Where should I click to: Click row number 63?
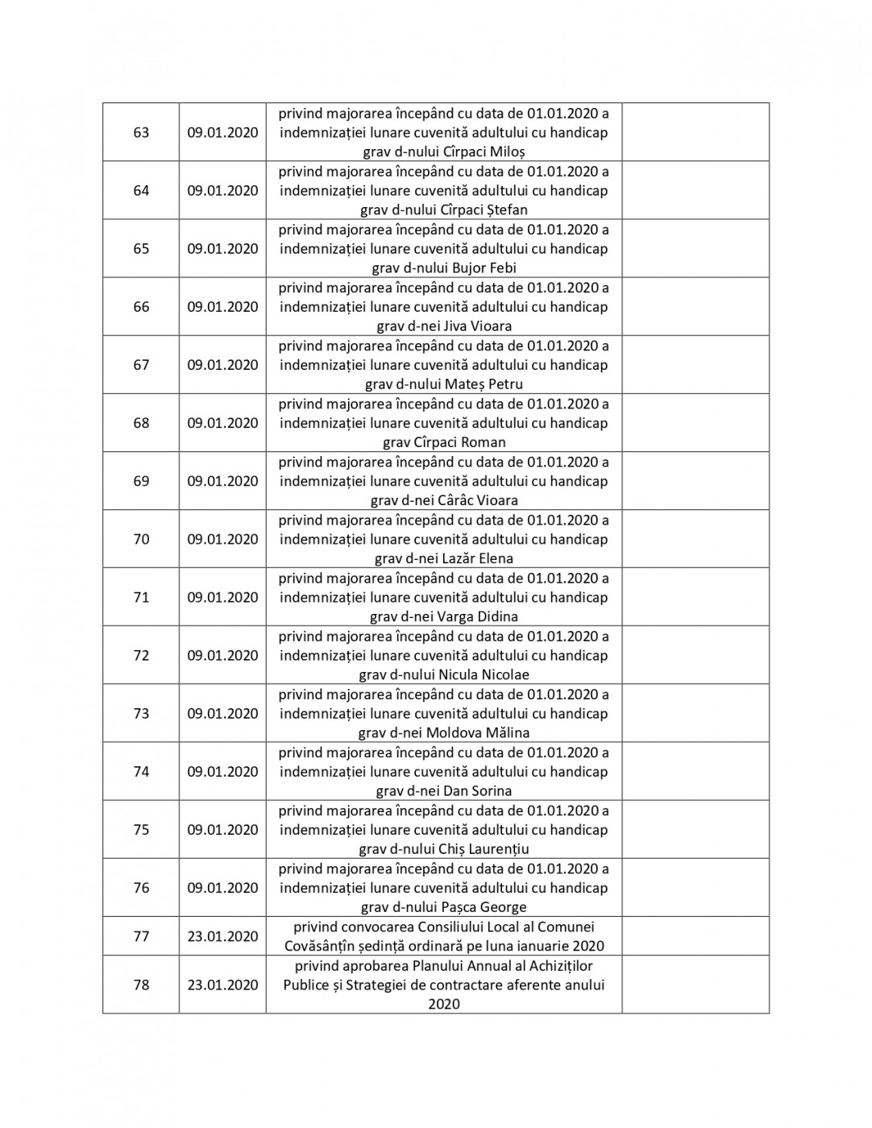[x=141, y=132]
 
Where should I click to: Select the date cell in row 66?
[x=222, y=307]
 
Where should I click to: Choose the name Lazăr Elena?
[x=479, y=558]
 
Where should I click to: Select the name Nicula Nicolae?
[x=484, y=674]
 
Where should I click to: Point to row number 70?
[x=141, y=539]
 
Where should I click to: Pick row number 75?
[x=141, y=830]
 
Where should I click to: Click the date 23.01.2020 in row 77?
[x=222, y=936]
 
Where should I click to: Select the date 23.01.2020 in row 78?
[x=222, y=985]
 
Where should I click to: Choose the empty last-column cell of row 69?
[x=695, y=481]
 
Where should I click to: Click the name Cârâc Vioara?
[x=478, y=500]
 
